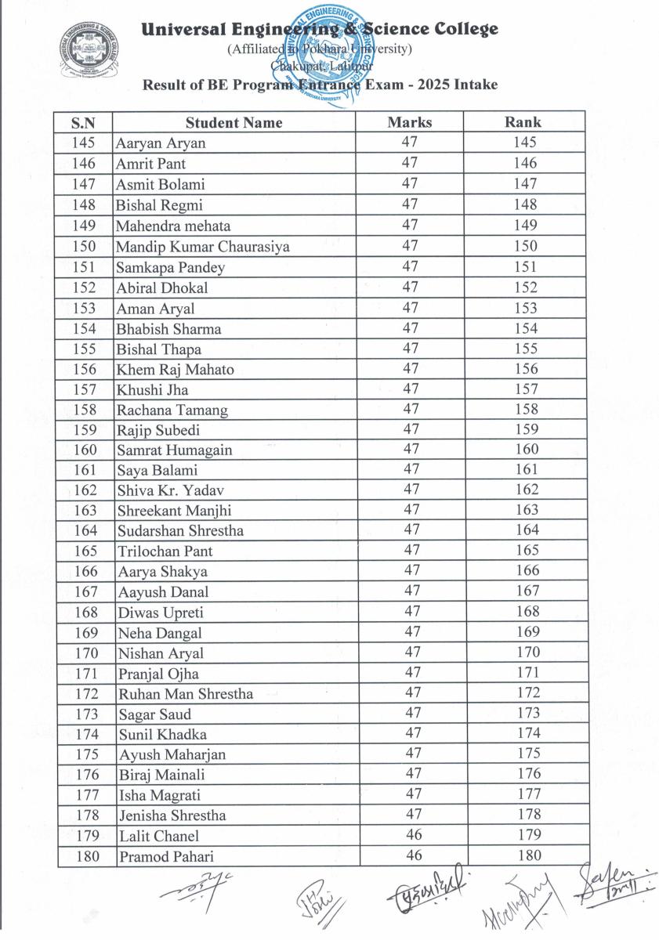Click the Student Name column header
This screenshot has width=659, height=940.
pyautogui.click(x=234, y=123)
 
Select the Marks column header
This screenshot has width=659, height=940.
pyautogui.click(x=409, y=122)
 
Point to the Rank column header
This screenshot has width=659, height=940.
pyautogui.click(x=523, y=122)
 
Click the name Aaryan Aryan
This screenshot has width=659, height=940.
pyautogui.click(x=161, y=144)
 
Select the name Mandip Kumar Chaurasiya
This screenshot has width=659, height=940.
pyautogui.click(x=203, y=247)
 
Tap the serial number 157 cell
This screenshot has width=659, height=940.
pyautogui.click(x=85, y=389)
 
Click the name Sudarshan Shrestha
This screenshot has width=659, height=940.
pyautogui.click(x=180, y=530)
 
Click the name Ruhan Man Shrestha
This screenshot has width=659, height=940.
pyautogui.click(x=186, y=694)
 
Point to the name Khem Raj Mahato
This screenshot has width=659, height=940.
pyautogui.click(x=175, y=370)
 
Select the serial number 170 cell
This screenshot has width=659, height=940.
pyautogui.click(x=85, y=653)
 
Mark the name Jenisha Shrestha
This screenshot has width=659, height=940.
pyautogui.click(x=172, y=815)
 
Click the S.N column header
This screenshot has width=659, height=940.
pyautogui.click(x=84, y=123)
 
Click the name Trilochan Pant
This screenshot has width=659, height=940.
pyautogui.click(x=165, y=551)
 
